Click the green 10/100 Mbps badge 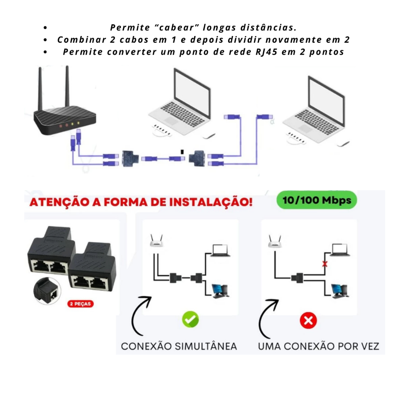click(x=317, y=200)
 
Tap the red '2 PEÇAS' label click(x=80, y=304)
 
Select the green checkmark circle click(x=190, y=319)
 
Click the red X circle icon click(x=308, y=321)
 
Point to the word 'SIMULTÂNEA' click(x=206, y=346)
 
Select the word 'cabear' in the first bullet click(x=177, y=27)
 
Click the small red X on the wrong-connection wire click(x=325, y=264)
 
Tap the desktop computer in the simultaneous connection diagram click(x=220, y=291)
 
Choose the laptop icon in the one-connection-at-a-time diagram click(x=340, y=250)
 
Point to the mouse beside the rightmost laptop click(x=343, y=144)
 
